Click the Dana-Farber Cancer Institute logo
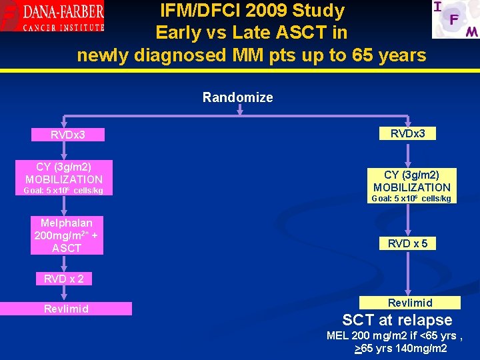pyautogui.click(x=53, y=17)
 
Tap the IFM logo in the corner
pyautogui.click(x=455, y=19)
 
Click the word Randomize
pyautogui.click(x=237, y=97)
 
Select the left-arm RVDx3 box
pyautogui.click(x=69, y=135)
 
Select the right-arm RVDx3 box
pyautogui.click(x=412, y=133)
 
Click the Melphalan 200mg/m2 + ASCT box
pyautogui.click(x=67, y=235)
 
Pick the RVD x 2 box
pyautogui.click(x=64, y=279)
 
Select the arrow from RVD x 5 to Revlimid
pyautogui.click(x=411, y=273)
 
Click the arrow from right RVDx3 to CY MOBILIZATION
pyautogui.click(x=411, y=153)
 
